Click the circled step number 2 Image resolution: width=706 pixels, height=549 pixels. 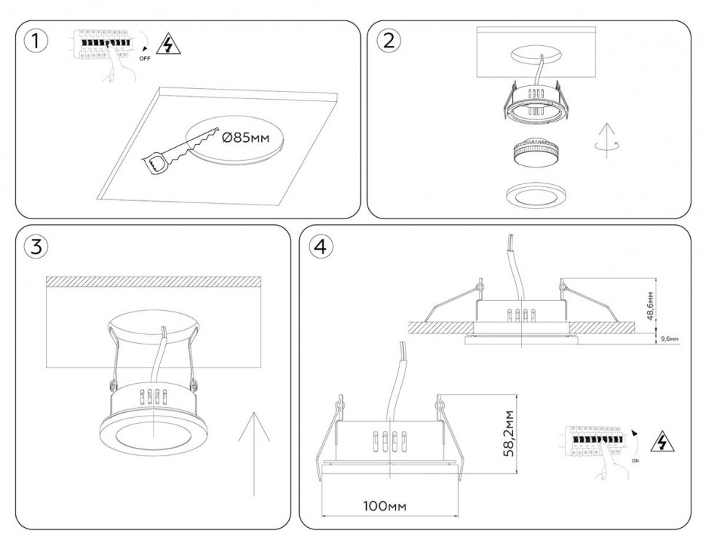pos(389,41)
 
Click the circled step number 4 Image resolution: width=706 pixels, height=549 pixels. pos(320,246)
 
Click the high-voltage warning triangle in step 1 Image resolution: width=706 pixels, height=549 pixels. pos(169,45)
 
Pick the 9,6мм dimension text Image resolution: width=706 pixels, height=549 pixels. pos(668,339)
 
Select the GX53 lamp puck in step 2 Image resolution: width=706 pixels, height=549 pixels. pos(536,154)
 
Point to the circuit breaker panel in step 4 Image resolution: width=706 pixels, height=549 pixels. pos(595,441)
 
